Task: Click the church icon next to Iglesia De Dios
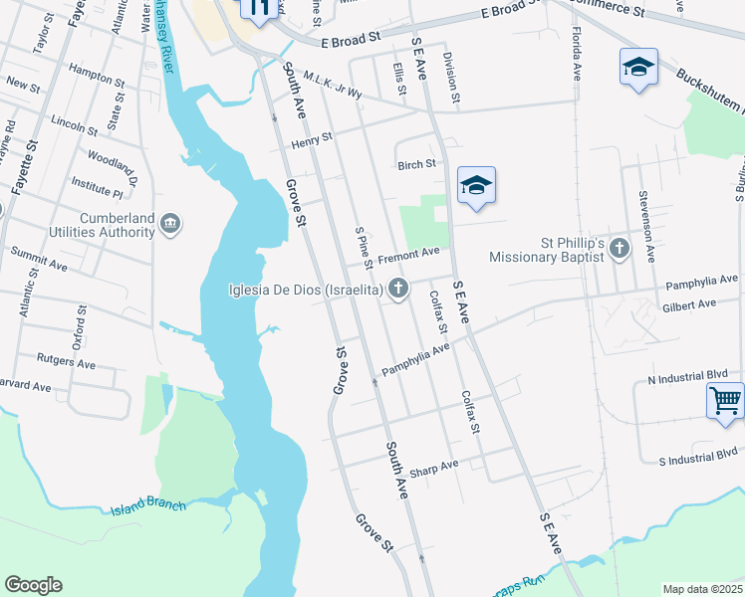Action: [x=398, y=290]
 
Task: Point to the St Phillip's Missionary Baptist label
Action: [x=547, y=249]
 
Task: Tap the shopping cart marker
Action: [x=726, y=402]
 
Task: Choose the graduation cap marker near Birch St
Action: [x=477, y=186]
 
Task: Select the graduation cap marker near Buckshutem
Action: [x=637, y=68]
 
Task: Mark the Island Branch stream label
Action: [x=148, y=505]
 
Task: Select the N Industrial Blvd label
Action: [x=687, y=378]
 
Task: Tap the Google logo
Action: [x=33, y=585]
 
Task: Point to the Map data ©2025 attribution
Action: [x=701, y=589]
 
